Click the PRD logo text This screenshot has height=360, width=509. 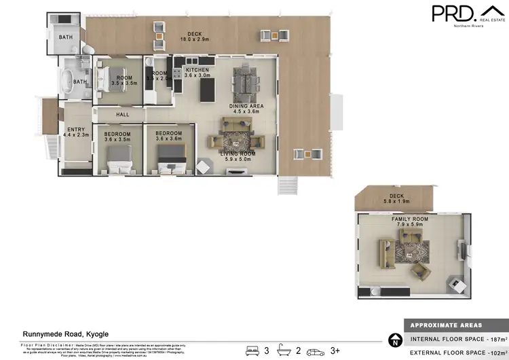(453, 14)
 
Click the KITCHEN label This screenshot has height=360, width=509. (197, 69)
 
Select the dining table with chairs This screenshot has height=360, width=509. (244, 82)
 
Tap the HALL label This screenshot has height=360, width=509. (123, 114)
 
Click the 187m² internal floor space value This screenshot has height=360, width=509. (497, 339)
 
